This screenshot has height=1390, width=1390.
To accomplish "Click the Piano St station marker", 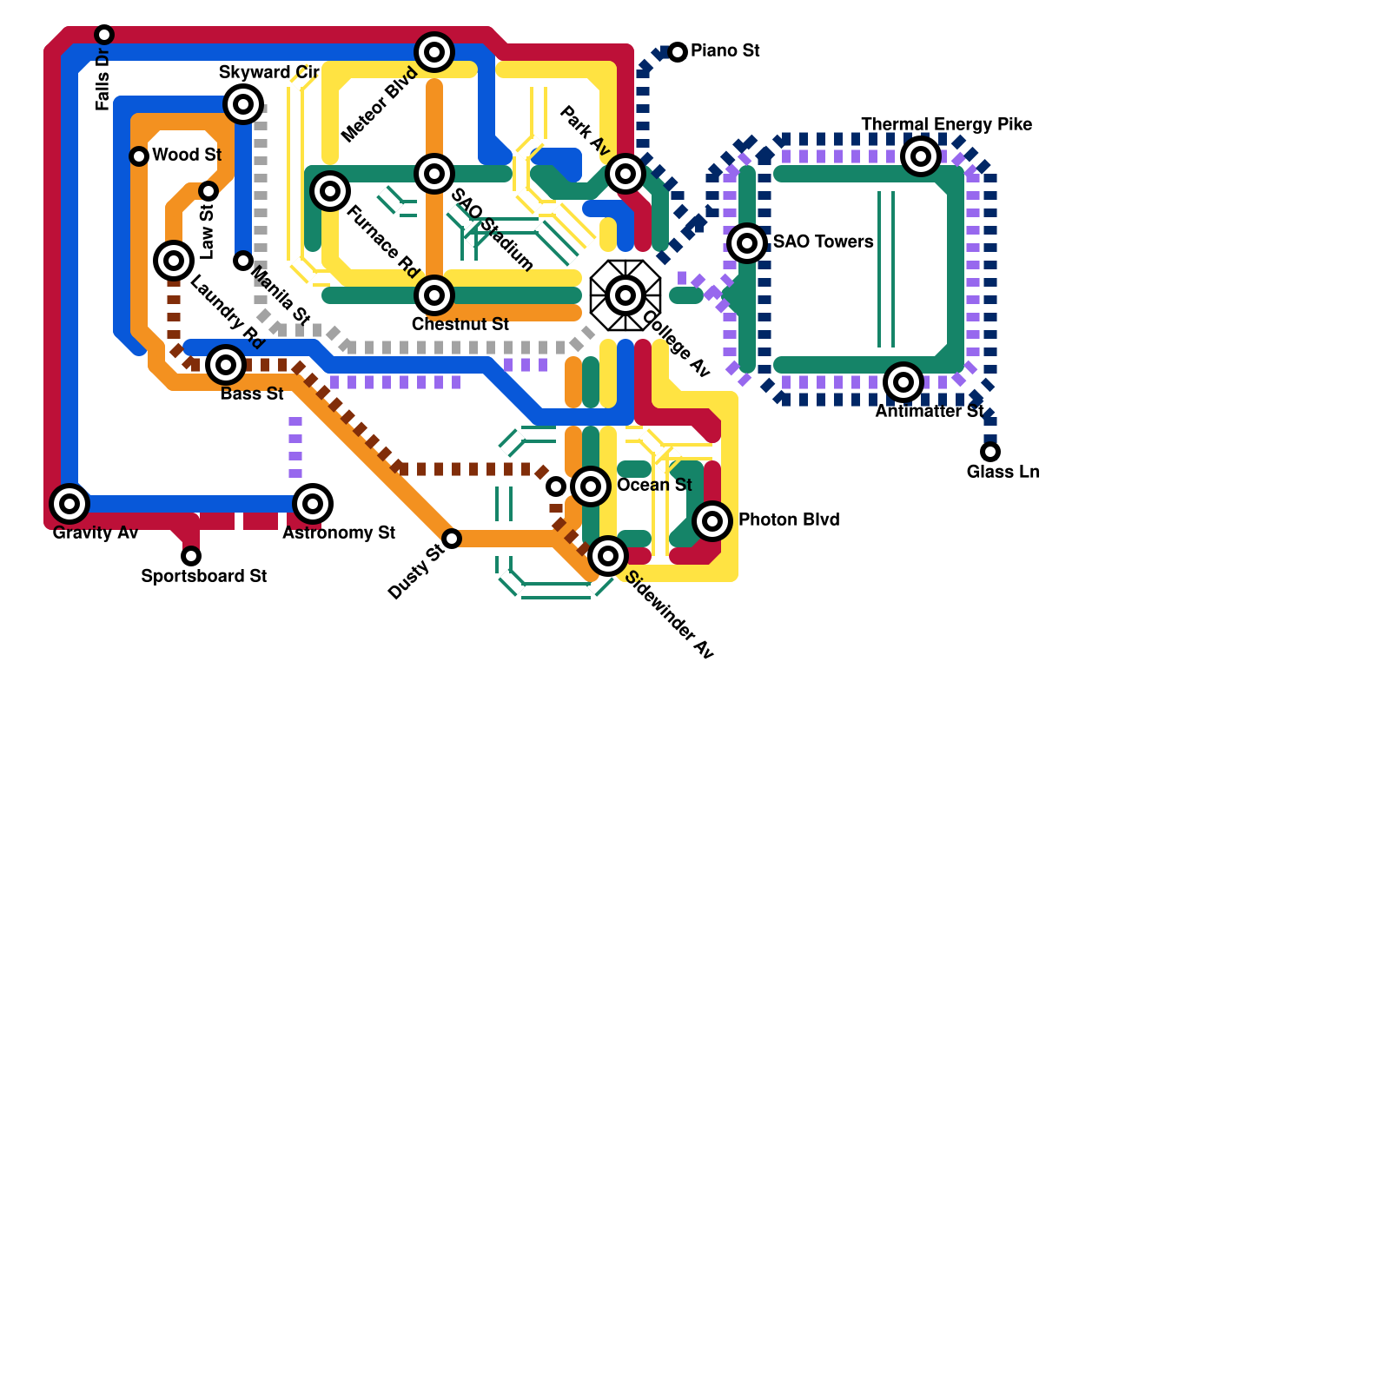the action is pyautogui.click(x=678, y=52).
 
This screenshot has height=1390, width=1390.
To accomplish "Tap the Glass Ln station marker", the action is pyautogui.click(x=990, y=452).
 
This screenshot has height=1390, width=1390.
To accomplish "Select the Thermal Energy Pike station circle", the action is pyautogui.click(x=921, y=156).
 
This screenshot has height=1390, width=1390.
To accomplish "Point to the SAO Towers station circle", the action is pyautogui.click(x=747, y=243).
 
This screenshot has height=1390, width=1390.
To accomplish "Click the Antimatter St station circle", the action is pyautogui.click(x=903, y=382).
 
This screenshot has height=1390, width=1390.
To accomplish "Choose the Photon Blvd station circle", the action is pyautogui.click(x=712, y=521).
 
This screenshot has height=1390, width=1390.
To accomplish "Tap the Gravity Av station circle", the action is pyautogui.click(x=69, y=504).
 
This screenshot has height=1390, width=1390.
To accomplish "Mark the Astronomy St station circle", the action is pyautogui.click(x=313, y=504).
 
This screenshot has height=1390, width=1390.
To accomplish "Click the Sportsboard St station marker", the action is pyautogui.click(x=191, y=556).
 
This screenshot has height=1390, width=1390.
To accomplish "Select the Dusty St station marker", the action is pyautogui.click(x=452, y=539).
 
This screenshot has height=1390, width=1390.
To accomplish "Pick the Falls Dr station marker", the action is pyautogui.click(x=104, y=35).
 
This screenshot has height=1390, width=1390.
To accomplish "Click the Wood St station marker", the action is pyautogui.click(x=139, y=156).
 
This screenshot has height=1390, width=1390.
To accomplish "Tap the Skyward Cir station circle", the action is pyautogui.click(x=243, y=104).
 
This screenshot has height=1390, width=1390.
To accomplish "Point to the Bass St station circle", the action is pyautogui.click(x=226, y=365).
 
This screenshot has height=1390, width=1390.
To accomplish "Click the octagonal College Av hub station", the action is pyautogui.click(x=625, y=295).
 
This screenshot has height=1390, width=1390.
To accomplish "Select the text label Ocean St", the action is pyautogui.click(x=654, y=485).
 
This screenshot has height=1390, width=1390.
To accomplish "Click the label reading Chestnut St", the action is pyautogui.click(x=460, y=325).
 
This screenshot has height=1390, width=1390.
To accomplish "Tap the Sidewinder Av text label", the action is pyautogui.click(x=669, y=615).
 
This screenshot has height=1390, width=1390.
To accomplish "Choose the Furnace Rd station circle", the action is pyautogui.click(x=330, y=191).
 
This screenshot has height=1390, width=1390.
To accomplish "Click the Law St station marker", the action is pyautogui.click(x=208, y=191).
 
